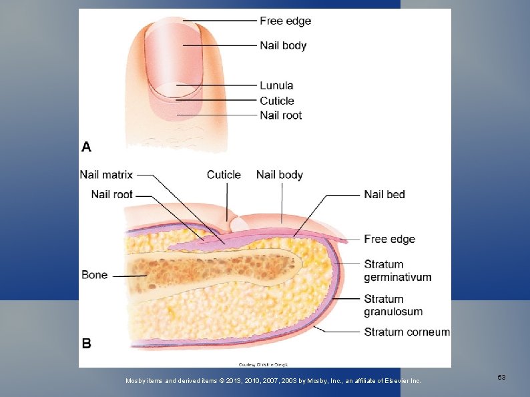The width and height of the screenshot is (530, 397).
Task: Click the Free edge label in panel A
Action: pos(285,21)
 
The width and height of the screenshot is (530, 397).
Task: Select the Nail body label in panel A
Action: pos(283,45)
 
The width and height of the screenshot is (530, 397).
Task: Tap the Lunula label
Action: pos(276,85)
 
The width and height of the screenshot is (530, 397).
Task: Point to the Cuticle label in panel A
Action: pos(276,101)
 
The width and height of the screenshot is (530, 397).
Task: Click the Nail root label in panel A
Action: pos(280,115)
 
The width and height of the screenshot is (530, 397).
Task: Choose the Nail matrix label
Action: pos(106,175)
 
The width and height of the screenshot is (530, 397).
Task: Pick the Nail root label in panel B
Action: pos(111,194)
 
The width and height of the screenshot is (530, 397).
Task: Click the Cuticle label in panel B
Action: pos(224,175)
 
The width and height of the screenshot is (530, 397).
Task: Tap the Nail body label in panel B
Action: pos(279,175)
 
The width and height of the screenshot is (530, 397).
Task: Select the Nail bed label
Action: pos(384,194)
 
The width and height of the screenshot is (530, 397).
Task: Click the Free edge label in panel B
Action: pos(389,239)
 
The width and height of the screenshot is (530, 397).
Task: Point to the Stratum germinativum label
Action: pos(397,270)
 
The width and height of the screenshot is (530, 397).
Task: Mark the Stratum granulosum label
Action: pos(393,305)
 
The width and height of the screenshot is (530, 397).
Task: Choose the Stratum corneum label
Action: pos(407,332)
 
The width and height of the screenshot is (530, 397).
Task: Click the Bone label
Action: pos(94,275)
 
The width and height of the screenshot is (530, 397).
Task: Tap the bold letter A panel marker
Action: pos(87,146)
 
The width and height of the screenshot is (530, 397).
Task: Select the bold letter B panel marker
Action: pos(87,344)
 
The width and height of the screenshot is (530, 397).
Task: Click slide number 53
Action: pos(501,378)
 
